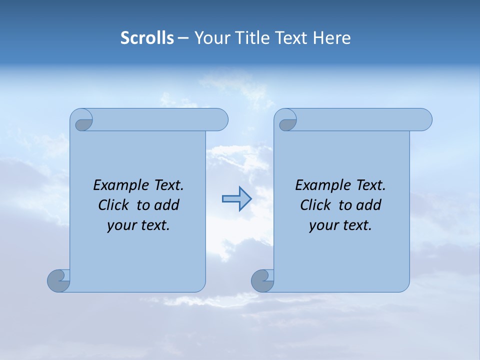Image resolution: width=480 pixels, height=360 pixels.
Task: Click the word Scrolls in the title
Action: click(147, 38)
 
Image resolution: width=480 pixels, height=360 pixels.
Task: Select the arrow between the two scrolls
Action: click(236, 199)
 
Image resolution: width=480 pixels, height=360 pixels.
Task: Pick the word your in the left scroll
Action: click(120, 225)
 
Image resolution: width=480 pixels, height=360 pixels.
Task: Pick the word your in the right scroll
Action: click(322, 225)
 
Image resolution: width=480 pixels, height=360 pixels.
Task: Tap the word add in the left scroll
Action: click(167, 205)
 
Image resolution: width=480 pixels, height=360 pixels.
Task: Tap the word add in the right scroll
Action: click(369, 205)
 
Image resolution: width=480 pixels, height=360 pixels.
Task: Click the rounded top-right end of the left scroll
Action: click(220, 119)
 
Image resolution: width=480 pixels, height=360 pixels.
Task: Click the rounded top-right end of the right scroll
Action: click(424, 119)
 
